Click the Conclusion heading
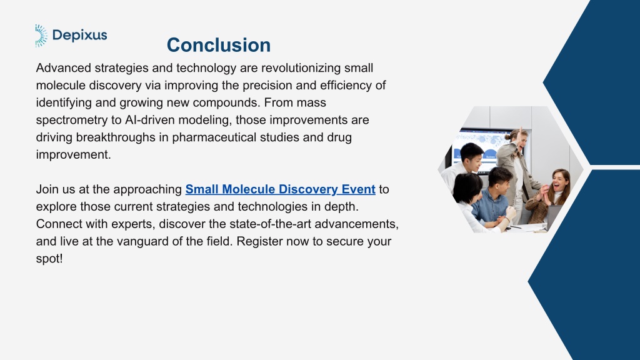click(x=218, y=45)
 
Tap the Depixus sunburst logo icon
click(x=41, y=36)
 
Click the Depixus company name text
click(x=80, y=35)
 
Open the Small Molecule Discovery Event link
click(x=280, y=189)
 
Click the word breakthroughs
click(x=116, y=137)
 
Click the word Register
click(x=259, y=241)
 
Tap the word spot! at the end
click(x=49, y=259)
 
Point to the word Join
click(x=46, y=189)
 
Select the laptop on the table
click(x=554, y=216)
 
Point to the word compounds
click(x=226, y=102)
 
